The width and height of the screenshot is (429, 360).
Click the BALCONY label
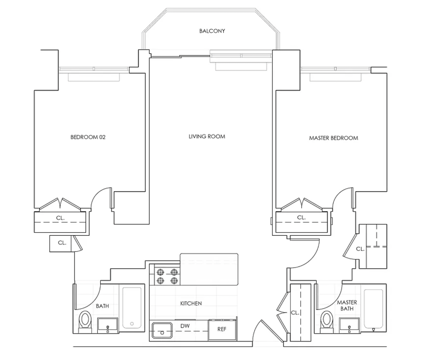tap(212, 31)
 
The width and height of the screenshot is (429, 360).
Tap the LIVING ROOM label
tap(207, 136)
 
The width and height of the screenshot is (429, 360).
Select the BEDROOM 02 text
tap(88, 137)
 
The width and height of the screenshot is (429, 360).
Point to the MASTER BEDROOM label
tap(334, 138)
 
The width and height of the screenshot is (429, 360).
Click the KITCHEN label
tap(191, 303)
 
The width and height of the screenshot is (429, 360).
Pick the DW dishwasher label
tap(185, 326)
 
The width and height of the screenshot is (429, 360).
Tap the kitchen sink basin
tap(162, 330)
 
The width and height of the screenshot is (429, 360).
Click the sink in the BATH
tap(108, 326)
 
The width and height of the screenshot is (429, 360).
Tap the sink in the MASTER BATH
tap(349, 326)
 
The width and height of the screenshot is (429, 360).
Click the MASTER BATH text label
tap(347, 306)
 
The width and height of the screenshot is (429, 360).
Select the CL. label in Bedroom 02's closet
tap(60, 218)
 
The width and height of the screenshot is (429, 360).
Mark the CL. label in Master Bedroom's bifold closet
tap(301, 218)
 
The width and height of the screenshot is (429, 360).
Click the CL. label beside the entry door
tap(295, 313)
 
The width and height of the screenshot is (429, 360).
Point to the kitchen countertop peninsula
tap(209, 269)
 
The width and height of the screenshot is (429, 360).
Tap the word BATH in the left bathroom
tap(102, 306)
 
